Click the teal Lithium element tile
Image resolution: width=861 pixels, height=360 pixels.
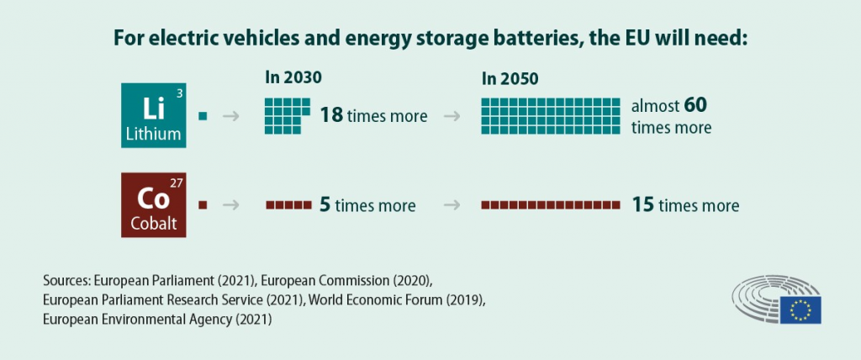coord(153,115)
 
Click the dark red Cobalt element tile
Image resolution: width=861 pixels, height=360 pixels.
coord(153,205)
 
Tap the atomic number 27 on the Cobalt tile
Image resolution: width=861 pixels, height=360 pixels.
coord(175,183)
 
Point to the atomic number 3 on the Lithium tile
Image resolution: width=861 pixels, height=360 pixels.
coord(179,93)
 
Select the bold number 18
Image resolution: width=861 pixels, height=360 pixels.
coord(331,115)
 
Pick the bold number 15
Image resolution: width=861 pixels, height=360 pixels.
coord(643,205)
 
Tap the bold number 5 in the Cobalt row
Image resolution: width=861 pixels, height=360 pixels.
coord(325,205)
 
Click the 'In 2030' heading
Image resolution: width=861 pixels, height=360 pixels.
coord(293,77)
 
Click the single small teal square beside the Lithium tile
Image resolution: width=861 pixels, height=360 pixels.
coord(202,115)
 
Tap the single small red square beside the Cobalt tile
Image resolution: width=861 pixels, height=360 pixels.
coord(202,204)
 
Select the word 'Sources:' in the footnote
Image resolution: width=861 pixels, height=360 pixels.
coord(66,278)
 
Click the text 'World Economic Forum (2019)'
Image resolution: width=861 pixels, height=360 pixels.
coord(399,299)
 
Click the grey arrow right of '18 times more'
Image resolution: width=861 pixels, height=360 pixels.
coord(452,116)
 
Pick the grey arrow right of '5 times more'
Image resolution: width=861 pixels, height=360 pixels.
coord(452,205)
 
